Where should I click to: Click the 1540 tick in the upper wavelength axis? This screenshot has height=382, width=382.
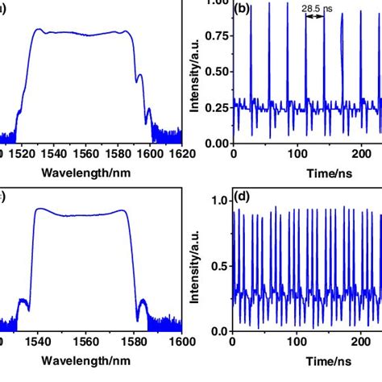click(x=54, y=151)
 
